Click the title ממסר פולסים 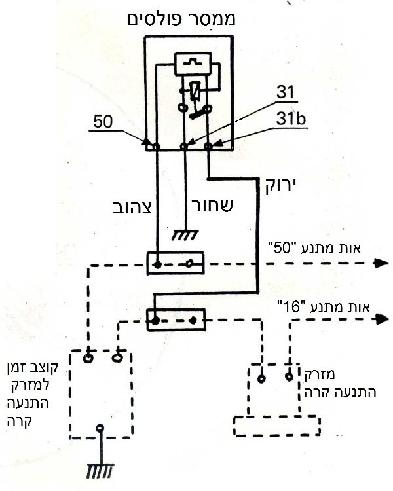pos(181,20)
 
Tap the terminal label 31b pos(291,118)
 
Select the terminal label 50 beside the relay pos(103,122)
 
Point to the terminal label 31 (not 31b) pos(285,92)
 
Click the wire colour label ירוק pos(280,187)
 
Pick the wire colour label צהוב pos(132,208)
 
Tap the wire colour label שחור pos(212,206)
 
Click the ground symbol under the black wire pos(185,235)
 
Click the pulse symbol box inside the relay pos(193,64)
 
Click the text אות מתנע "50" pos(314,249)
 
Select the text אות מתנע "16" pos(324,307)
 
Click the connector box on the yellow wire pos(176,263)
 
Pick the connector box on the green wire pos(176,319)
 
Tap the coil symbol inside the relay pos(196,92)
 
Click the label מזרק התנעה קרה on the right pos(340,383)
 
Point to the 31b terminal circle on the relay pos(208,146)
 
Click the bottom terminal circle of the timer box pos(100,427)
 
